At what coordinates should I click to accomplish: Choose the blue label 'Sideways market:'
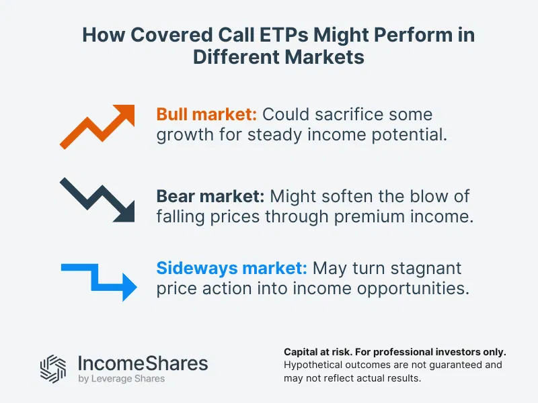[x=231, y=269]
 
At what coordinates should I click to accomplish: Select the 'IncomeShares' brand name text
[x=143, y=363]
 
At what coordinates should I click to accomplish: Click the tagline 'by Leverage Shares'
[x=121, y=380]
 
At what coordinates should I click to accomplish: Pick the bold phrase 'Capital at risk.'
[x=319, y=352]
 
